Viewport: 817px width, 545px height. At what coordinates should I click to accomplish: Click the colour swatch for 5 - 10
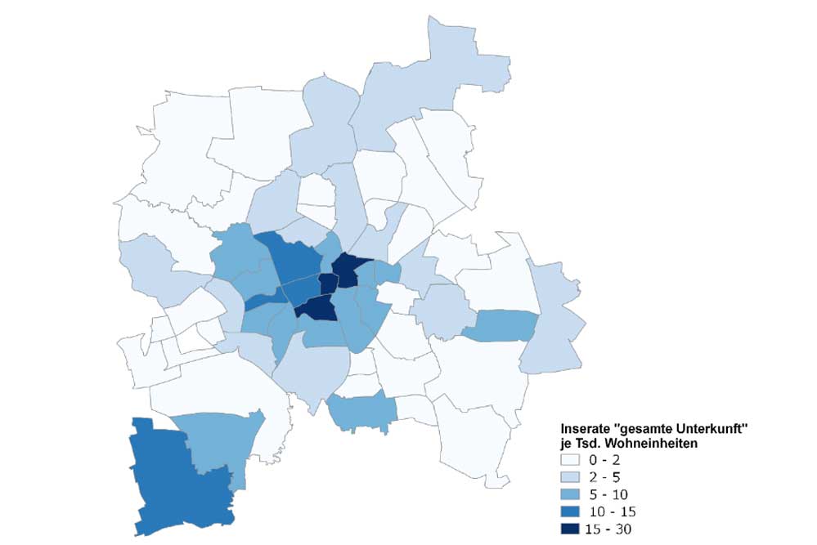coord(571,494)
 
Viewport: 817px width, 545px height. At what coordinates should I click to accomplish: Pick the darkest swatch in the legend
coord(571,529)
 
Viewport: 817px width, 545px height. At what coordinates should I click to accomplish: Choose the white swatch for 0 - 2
coord(571,460)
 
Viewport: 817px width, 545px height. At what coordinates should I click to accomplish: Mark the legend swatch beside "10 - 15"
coord(571,511)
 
